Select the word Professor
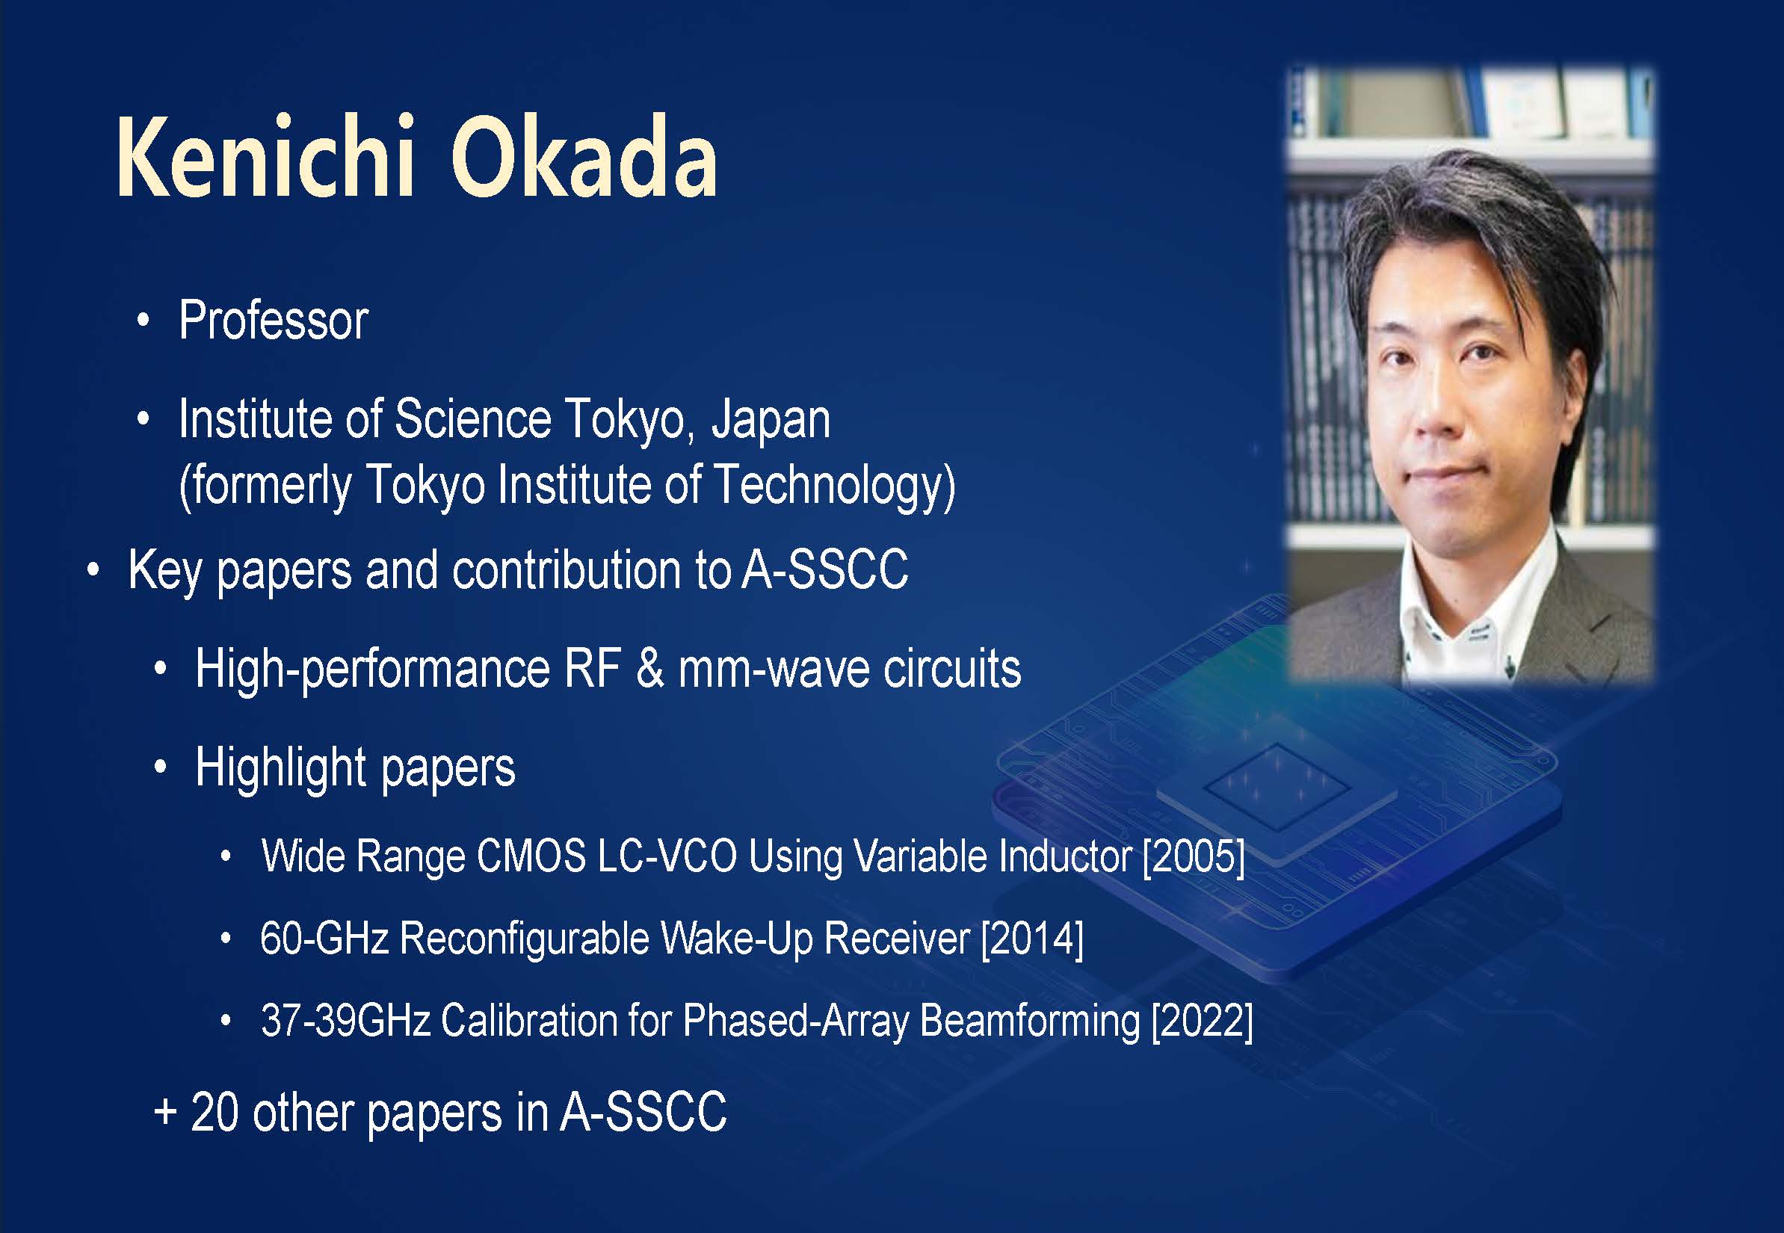coord(274,320)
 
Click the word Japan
coord(771,421)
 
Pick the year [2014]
coord(1032,939)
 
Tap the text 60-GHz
coord(324,939)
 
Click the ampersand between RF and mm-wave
coord(650,669)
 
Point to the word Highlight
coord(281,769)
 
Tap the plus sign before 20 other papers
coord(165,1113)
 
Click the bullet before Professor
coord(143,321)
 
